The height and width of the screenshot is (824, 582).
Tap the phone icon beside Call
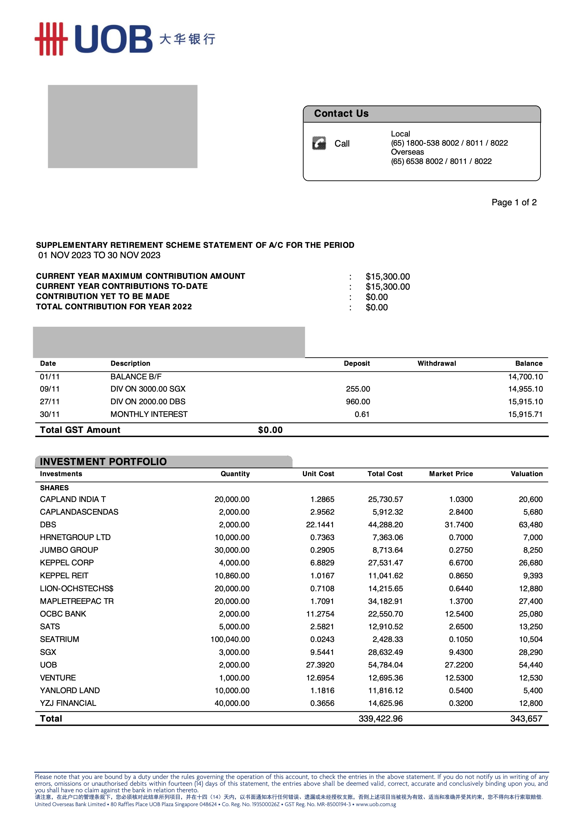coord(319,143)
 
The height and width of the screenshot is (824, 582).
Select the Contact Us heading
coord(341,113)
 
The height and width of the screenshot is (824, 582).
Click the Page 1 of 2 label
coord(514,202)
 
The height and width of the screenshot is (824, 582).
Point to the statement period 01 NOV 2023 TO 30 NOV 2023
coord(99,255)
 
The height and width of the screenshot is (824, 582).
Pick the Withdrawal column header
coord(436,363)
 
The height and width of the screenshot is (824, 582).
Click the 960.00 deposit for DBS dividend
coord(358,402)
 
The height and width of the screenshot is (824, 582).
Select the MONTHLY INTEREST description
coord(149,414)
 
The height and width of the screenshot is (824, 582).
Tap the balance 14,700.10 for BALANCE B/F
coord(525,377)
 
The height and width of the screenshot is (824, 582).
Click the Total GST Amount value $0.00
coord(270,430)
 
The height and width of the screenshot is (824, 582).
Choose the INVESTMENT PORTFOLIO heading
coord(103,462)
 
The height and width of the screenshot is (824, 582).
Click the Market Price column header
coord(451,474)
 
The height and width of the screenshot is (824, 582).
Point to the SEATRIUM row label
coord(60,639)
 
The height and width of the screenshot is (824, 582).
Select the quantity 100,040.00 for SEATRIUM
coord(230,639)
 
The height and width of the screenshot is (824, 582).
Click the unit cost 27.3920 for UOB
coord(320,665)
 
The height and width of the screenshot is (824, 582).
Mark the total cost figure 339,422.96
coord(380,719)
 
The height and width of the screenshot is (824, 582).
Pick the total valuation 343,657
coord(526,719)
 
